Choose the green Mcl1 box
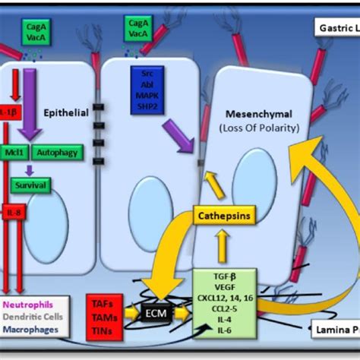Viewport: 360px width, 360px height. [17, 151]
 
